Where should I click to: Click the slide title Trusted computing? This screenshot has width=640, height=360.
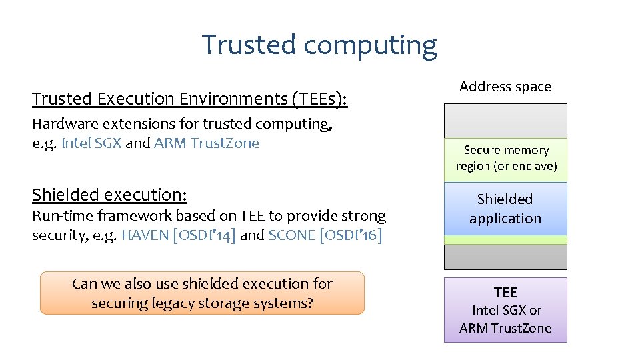[319, 45]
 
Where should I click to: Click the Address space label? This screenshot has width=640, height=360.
[505, 87]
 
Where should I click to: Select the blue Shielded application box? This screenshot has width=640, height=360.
[505, 209]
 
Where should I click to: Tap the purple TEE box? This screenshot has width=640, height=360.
[505, 310]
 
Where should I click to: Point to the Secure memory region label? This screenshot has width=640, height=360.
[506, 158]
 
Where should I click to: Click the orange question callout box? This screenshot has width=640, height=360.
[202, 293]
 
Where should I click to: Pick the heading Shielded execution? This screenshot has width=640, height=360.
[110, 195]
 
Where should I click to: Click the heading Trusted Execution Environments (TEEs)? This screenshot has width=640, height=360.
[190, 99]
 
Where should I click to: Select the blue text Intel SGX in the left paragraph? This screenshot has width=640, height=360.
[91, 143]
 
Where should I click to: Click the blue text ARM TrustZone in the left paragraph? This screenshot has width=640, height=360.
[207, 143]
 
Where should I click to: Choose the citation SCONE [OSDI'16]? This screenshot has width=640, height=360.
[325, 235]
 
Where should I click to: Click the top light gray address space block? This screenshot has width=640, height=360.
[505, 121]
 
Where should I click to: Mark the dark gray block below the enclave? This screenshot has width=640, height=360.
[505, 257]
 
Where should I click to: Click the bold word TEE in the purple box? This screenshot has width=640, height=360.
[505, 292]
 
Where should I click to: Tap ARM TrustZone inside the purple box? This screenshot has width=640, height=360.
[505, 328]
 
